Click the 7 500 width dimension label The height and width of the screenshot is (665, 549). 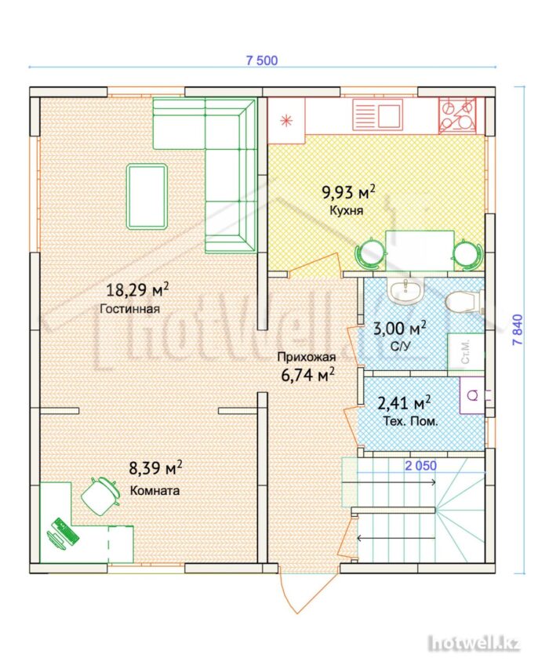point(262,60)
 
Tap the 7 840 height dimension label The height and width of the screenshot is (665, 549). point(518,329)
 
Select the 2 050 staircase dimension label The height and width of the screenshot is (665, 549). point(420,466)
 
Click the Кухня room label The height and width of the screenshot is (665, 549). point(346,210)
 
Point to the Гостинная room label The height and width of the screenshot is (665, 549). point(130,308)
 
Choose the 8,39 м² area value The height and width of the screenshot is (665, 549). point(156,468)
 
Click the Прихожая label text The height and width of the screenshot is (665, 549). point(307,357)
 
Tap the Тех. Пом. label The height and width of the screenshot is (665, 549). point(410,422)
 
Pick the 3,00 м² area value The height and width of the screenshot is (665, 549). point(400,329)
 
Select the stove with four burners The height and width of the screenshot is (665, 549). point(457,115)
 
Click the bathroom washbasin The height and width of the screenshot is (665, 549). point(406,290)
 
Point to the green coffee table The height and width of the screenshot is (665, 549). point(147,197)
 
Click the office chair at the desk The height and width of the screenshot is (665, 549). point(100,496)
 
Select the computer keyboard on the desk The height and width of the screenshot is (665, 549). point(65,531)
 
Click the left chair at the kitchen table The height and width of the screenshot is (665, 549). point(369,253)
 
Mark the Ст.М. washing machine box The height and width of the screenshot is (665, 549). point(466,351)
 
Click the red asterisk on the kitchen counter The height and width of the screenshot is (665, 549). point(286,121)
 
